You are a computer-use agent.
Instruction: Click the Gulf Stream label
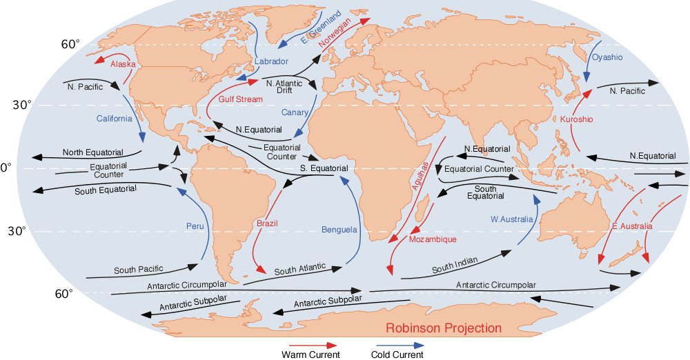click(241, 99)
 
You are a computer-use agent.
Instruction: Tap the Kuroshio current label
click(576, 119)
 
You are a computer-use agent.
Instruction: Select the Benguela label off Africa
click(339, 229)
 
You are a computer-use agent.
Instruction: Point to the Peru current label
click(195, 226)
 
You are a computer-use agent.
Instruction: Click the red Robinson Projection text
click(443, 328)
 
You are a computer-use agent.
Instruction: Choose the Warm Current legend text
click(310, 354)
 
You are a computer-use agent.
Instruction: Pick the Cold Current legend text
click(397, 354)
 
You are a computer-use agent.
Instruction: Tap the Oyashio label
click(607, 57)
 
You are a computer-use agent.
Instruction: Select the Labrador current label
click(270, 61)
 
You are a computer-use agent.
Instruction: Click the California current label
click(114, 119)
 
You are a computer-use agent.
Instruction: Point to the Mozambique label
click(433, 239)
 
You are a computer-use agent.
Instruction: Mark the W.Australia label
click(512, 219)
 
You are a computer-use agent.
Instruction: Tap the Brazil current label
click(267, 224)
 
